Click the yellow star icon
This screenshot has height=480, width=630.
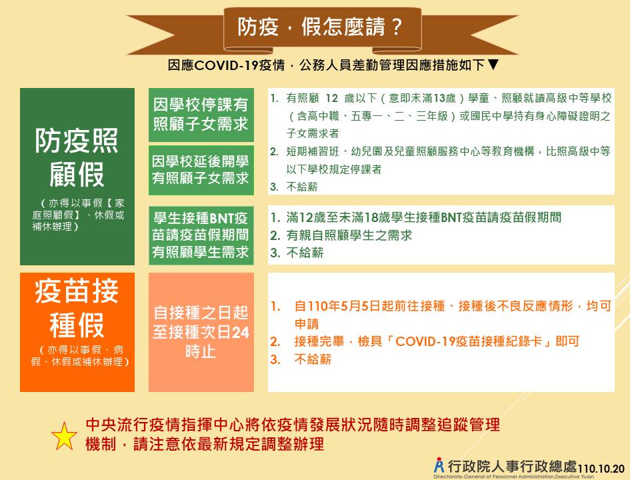pyautogui.click(x=64, y=436)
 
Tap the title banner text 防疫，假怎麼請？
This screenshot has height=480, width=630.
pyautogui.click(x=320, y=27)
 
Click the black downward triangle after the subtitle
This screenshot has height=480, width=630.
pyautogui.click(x=493, y=64)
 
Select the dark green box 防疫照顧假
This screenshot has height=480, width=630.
pyautogui.click(x=77, y=177)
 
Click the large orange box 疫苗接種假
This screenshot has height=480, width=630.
pyautogui.click(x=77, y=332)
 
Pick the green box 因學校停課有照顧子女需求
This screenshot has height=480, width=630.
pyautogui.click(x=201, y=115)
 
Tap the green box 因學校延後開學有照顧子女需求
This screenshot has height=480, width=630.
pyautogui.click(x=201, y=170)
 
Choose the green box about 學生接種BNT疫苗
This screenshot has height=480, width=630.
pyautogui.click(x=201, y=235)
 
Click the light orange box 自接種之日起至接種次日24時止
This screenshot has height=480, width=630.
pyautogui.click(x=201, y=332)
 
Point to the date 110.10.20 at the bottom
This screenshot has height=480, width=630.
pyautogui.click(x=601, y=469)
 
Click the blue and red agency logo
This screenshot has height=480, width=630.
pyautogui.click(x=439, y=465)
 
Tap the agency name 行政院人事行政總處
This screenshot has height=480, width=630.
pyautogui.click(x=512, y=467)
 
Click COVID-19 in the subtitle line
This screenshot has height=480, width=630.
pyautogui.click(x=226, y=65)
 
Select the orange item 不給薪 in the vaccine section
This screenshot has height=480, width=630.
pyautogui.click(x=313, y=359)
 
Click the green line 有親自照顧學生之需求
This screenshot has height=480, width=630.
pyautogui.click(x=349, y=235)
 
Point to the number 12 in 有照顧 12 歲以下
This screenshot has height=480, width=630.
pyautogui.click(x=331, y=98)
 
